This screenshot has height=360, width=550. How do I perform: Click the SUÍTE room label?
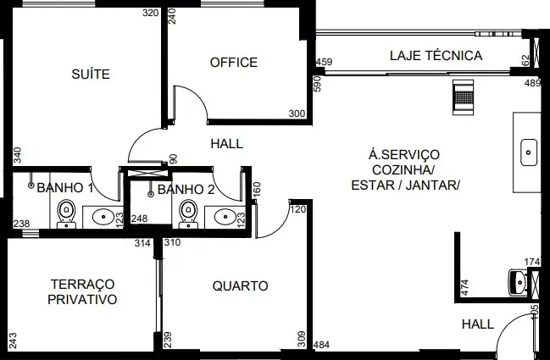click(x=91, y=74)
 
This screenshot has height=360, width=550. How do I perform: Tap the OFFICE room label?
click(x=234, y=63)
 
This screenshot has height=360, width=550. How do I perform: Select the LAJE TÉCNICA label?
click(x=436, y=56)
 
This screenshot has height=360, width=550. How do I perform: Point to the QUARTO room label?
click(x=241, y=286)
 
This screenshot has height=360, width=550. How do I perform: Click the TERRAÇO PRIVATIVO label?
click(x=82, y=291)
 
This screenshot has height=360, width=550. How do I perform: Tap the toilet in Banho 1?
click(x=66, y=213)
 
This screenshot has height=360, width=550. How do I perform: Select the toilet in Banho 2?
click(x=188, y=213)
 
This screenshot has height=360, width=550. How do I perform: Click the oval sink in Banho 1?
click(x=103, y=217)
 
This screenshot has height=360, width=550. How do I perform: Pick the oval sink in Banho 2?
click(x=225, y=217)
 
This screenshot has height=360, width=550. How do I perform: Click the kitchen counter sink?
click(x=529, y=152)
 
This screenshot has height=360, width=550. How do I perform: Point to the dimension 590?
click(x=318, y=84)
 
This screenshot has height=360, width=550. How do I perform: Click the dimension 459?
click(x=324, y=62)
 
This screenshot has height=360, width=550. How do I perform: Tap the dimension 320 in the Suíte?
click(x=151, y=13)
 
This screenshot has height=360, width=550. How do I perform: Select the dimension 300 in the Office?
click(x=297, y=114)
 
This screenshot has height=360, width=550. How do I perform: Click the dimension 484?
click(x=321, y=345)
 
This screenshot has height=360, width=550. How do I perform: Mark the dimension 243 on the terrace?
click(x=13, y=341)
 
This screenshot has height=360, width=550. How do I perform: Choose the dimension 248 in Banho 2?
click(x=139, y=219)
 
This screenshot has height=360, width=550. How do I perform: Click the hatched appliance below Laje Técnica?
click(x=463, y=97)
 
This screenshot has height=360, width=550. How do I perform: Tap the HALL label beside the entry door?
click(x=478, y=324)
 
